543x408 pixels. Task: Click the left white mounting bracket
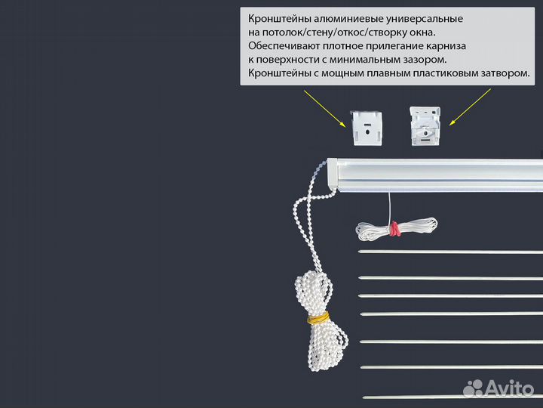[x=365, y=127]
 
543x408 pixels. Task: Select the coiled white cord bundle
[x=396, y=227]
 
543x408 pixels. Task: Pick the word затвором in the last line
[x=505, y=73]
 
